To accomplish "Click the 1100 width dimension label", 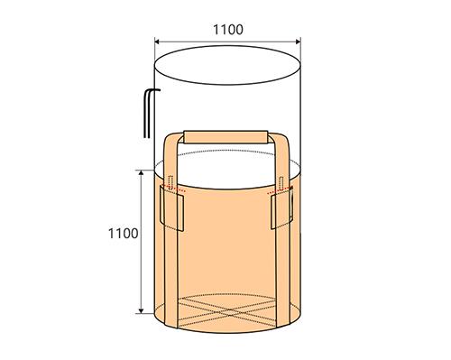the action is pyautogui.click(x=228, y=30).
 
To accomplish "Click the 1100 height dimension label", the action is pyautogui.click(x=124, y=234).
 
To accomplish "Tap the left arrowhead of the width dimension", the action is pyautogui.click(x=157, y=42).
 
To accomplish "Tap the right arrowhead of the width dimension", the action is pyautogui.click(x=298, y=42).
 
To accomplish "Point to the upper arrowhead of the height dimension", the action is pyautogui.click(x=141, y=173).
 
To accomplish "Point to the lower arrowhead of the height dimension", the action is pyautogui.click(x=141, y=310).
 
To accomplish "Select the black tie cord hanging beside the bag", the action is pyautogui.click(x=148, y=113).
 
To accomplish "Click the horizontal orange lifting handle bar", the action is pyautogui.click(x=225, y=137).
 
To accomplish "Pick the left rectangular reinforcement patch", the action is pyautogui.click(x=171, y=208).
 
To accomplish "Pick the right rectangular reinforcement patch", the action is pyautogui.click(x=281, y=208).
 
